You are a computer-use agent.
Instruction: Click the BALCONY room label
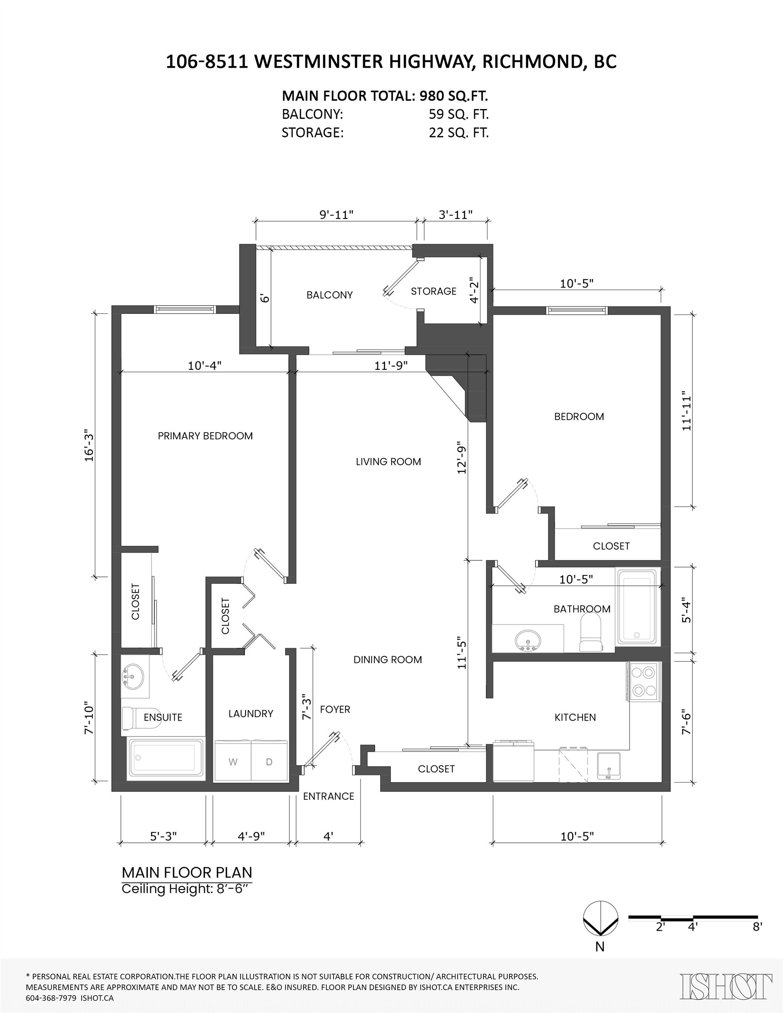329,295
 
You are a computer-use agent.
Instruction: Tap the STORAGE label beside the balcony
433,292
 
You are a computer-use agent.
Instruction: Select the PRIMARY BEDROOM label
205,436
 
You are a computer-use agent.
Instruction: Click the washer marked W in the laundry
233,762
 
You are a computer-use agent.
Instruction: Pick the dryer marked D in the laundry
269,762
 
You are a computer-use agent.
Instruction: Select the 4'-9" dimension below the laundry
251,836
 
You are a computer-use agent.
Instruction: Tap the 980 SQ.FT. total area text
454,96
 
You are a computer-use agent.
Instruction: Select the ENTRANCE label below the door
329,796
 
